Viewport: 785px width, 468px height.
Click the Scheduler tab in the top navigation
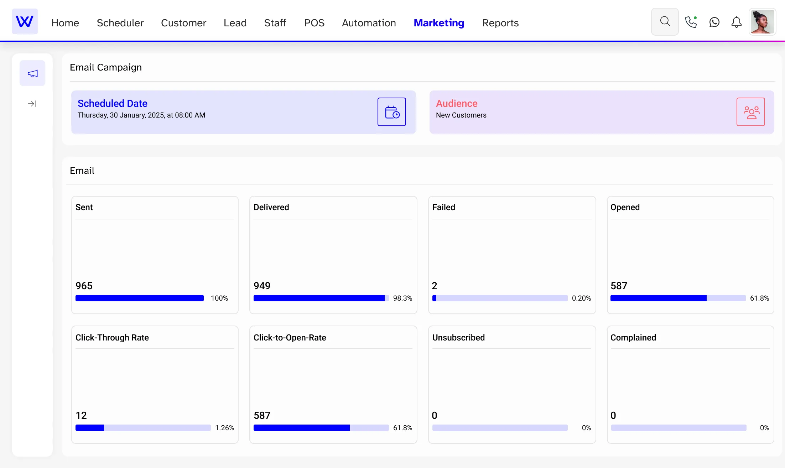tap(120, 23)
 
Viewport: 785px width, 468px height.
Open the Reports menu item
tap(500, 23)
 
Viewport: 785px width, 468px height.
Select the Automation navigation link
tap(369, 23)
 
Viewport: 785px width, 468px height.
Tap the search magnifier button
tap(665, 22)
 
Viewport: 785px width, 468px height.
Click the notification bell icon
tap(736, 22)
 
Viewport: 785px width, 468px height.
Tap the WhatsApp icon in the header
tap(714, 22)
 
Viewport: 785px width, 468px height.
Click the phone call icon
tap(691, 22)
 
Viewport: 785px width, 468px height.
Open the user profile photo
tap(762, 22)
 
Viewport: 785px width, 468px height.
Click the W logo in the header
tap(25, 22)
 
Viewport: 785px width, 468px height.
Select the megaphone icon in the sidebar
tap(32, 73)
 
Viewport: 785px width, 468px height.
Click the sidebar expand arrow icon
tap(32, 104)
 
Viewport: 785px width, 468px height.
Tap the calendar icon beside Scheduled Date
tap(391, 112)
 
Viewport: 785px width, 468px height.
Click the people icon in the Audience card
tap(750, 112)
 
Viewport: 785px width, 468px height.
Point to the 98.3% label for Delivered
tap(402, 298)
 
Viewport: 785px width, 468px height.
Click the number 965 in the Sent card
tap(84, 286)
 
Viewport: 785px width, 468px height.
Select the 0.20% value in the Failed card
tap(581, 298)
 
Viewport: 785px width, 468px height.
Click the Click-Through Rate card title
tap(112, 338)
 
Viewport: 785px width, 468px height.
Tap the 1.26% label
tap(224, 428)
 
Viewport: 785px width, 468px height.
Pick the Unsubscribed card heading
tap(458, 338)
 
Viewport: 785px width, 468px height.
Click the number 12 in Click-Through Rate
tap(81, 415)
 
